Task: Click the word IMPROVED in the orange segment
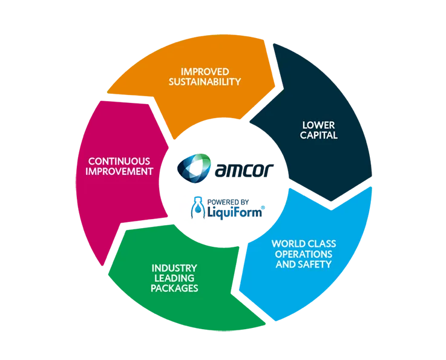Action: pyautogui.click(x=205, y=71)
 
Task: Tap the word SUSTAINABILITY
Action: pyautogui.click(x=205, y=82)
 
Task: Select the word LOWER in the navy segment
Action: pyautogui.click(x=318, y=125)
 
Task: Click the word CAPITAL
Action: pyautogui.click(x=318, y=136)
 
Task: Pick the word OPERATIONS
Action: pyautogui.click(x=304, y=254)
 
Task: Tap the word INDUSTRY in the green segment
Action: pyautogui.click(x=174, y=268)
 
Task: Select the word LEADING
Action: pyautogui.click(x=174, y=278)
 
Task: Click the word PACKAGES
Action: pyautogui.click(x=174, y=289)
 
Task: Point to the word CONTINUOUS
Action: pyautogui.click(x=119, y=161)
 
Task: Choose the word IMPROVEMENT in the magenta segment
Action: pyautogui.click(x=119, y=171)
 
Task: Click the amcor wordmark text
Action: pyautogui.click(x=244, y=171)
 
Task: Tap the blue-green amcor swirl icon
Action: pyautogui.click(x=194, y=168)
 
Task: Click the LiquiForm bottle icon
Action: pyautogui.click(x=198, y=208)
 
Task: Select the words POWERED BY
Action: pyautogui.click(x=228, y=202)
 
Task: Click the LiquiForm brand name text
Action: pyautogui.click(x=234, y=212)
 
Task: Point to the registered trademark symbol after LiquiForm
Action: pyautogui.click(x=263, y=208)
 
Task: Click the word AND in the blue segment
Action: pyautogui.click(x=285, y=264)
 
